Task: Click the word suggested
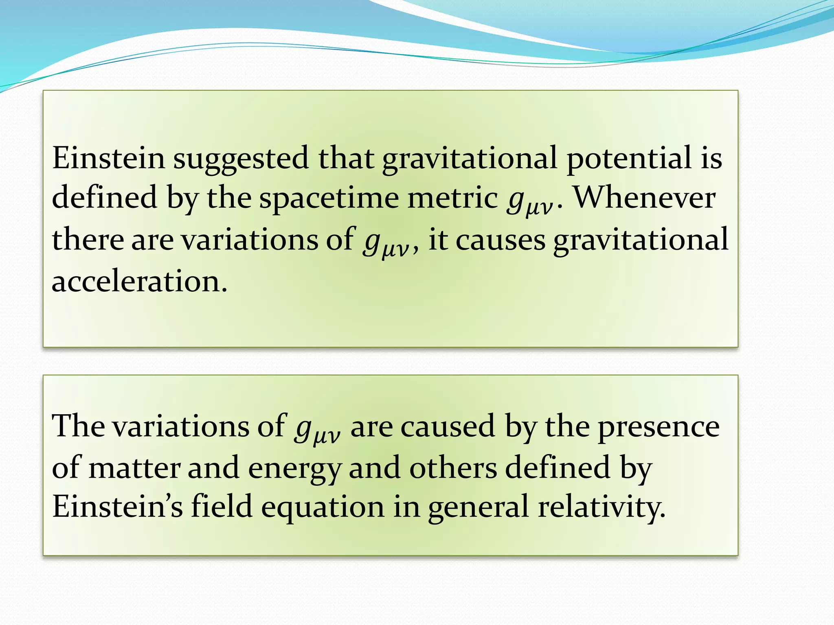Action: [241, 159]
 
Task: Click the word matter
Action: [134, 468]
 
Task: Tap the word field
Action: [222, 506]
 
